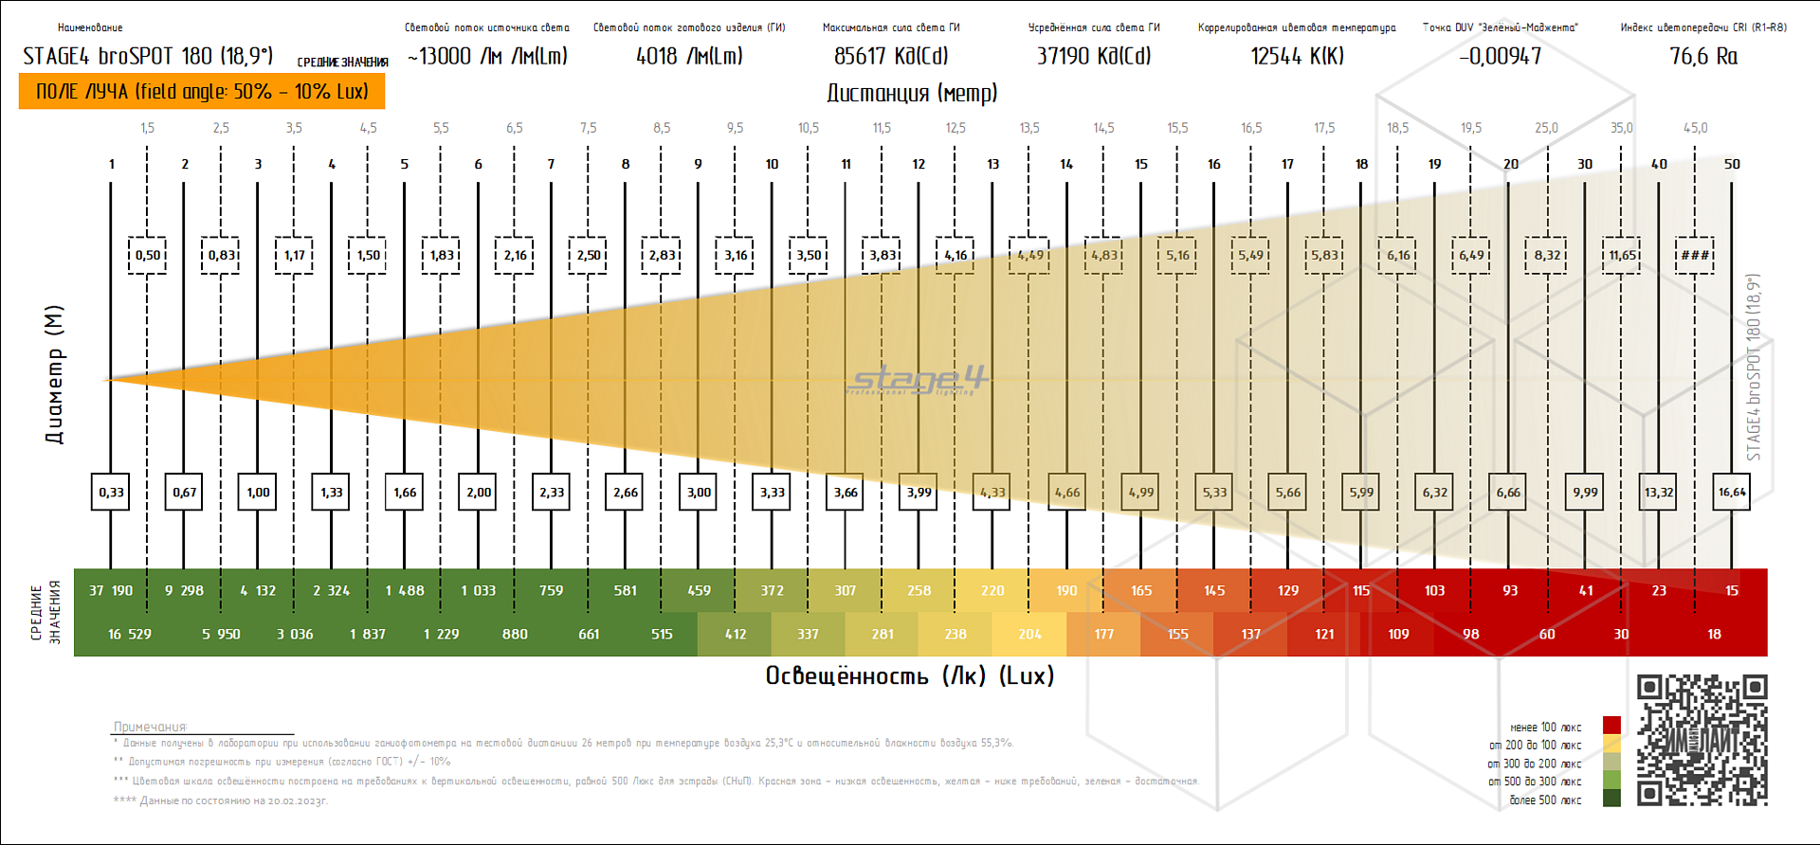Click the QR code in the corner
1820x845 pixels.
[x=1702, y=740]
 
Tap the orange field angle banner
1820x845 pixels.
[x=202, y=92]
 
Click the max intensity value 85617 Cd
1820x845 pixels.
[x=890, y=57]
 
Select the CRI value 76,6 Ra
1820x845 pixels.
[x=1703, y=57]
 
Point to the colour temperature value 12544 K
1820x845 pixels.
[x=1297, y=57]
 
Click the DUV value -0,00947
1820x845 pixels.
[x=1501, y=57]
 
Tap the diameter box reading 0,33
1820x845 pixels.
[x=111, y=492]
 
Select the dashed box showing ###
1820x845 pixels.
[x=1695, y=255]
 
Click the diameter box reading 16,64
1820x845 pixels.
[x=1732, y=492]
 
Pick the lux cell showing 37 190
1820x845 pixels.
[x=111, y=590]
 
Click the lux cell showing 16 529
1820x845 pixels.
[x=129, y=634]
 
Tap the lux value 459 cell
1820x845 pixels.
[x=699, y=590]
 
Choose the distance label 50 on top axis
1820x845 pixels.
[x=1732, y=164]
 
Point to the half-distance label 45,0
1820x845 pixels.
[x=1695, y=128]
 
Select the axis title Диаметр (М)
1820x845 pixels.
[x=54, y=374]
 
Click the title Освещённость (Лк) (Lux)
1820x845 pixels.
[x=910, y=675]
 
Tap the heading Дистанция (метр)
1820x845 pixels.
[x=912, y=93]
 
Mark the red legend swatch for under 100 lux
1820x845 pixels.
[x=1611, y=726]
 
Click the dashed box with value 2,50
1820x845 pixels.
[x=588, y=255]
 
